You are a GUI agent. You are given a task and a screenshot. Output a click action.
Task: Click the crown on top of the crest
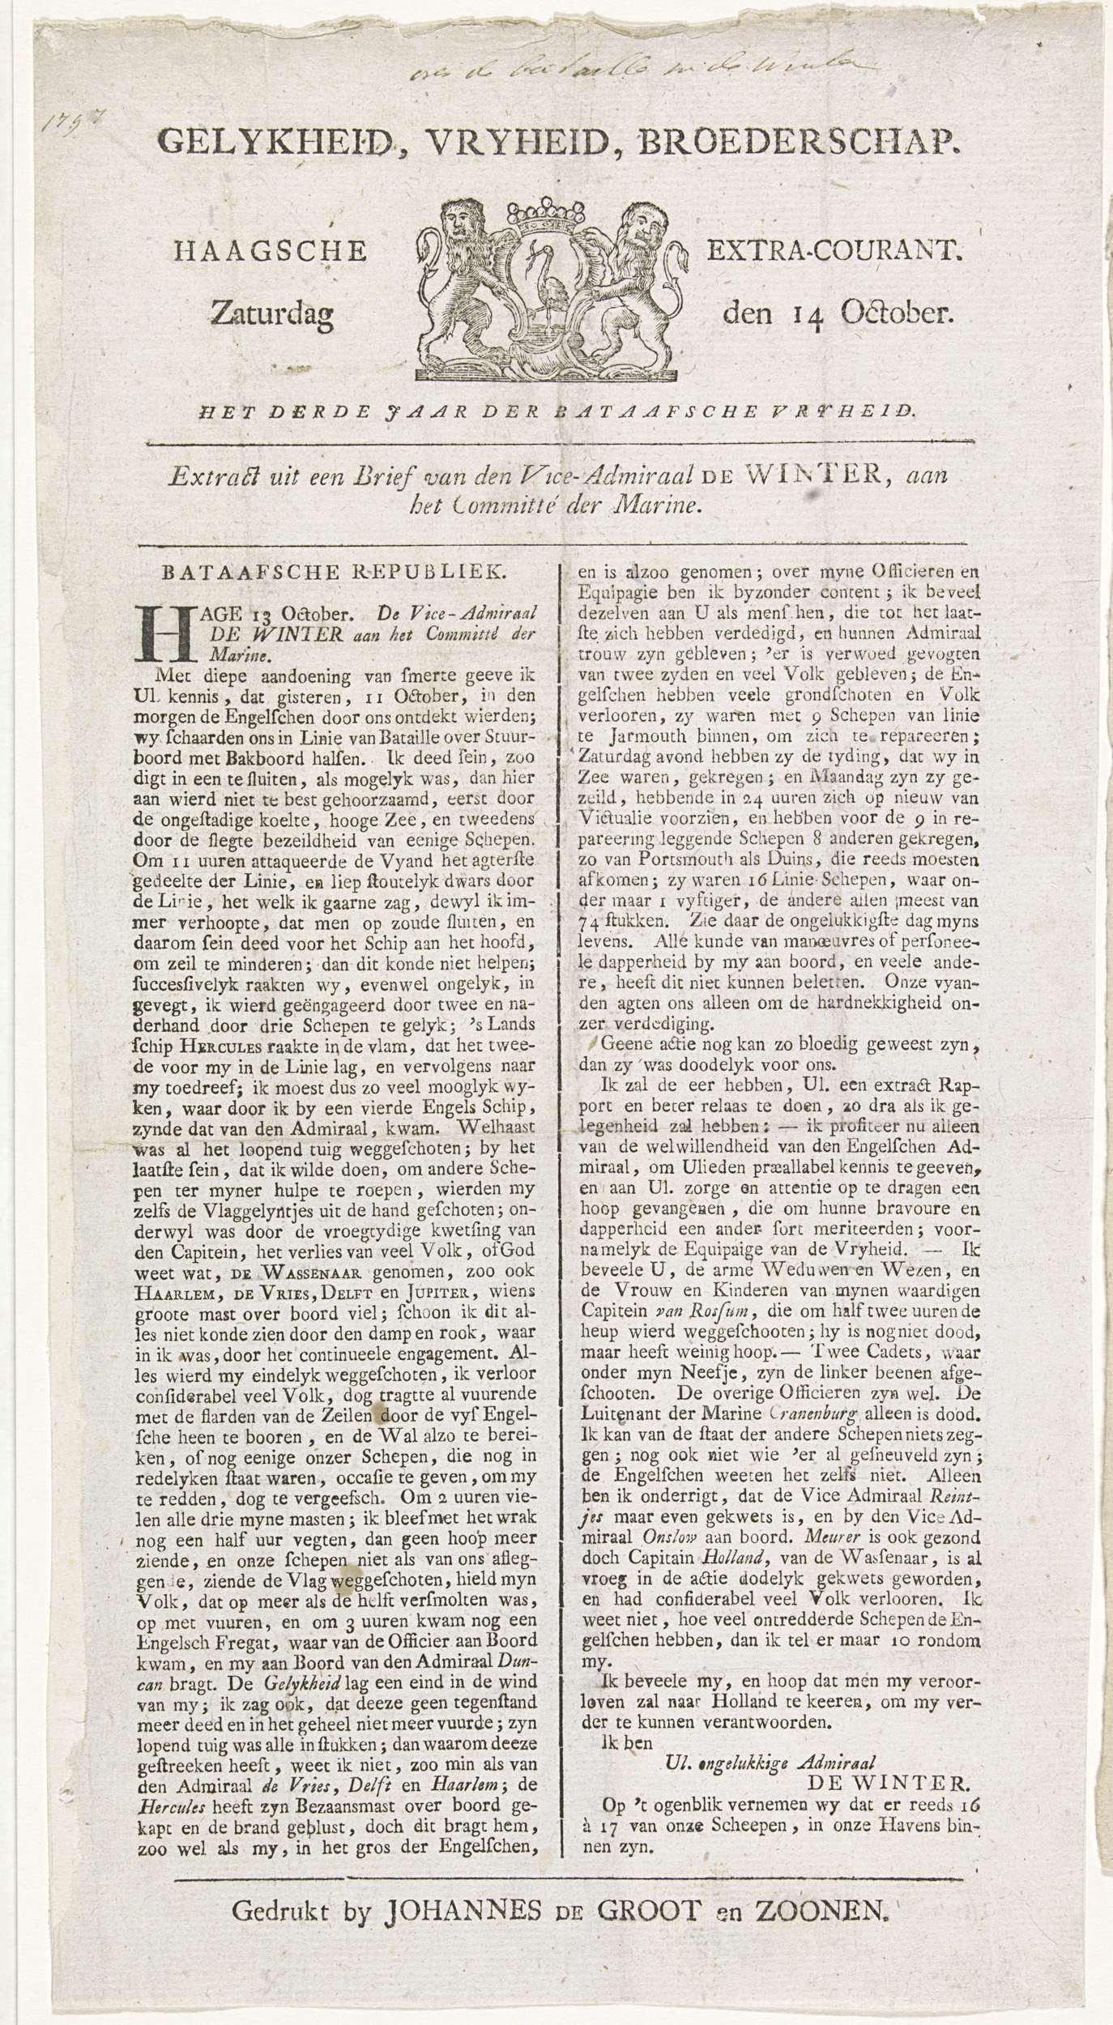coord(545,217)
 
